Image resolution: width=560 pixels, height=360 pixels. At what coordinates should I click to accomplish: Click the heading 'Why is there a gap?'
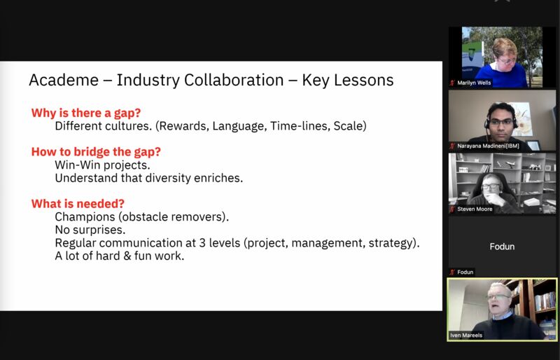86,113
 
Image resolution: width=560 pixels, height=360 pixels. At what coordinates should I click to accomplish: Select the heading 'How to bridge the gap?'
96,152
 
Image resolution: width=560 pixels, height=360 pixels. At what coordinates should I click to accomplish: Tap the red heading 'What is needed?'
78,203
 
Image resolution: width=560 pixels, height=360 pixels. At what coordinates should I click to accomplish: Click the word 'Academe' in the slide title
64,80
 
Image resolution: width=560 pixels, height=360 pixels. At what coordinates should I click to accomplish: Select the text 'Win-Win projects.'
102,165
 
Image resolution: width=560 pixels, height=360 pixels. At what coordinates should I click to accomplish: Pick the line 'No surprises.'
90,230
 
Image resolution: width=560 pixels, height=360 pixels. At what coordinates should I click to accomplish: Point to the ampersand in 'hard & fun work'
127,256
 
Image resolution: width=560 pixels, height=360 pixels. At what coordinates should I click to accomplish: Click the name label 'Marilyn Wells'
474,83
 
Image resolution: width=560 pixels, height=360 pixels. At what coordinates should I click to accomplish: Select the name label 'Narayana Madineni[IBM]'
488,146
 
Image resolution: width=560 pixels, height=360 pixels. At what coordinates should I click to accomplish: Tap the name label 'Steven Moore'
475,209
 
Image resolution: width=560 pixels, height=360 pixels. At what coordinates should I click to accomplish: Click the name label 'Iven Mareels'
466,335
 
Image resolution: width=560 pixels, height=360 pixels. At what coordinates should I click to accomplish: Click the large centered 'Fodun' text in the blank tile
502,247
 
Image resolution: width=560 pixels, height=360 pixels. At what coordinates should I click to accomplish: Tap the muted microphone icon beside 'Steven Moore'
452,209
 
